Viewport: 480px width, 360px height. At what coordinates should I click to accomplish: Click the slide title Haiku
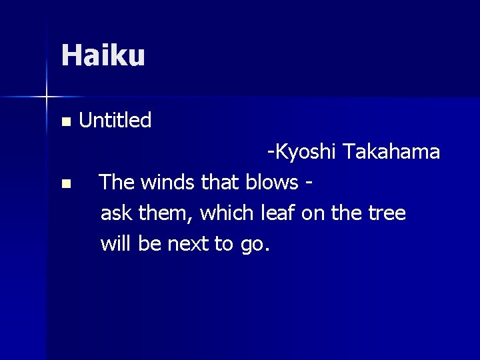point(103,55)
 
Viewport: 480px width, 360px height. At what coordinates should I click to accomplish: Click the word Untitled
point(115,121)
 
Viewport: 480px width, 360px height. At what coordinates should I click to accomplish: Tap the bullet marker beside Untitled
point(65,122)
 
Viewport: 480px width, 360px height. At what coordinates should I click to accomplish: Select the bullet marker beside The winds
point(65,183)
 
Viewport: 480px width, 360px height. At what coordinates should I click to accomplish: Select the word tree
point(387,213)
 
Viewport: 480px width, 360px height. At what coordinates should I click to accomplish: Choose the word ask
point(116,213)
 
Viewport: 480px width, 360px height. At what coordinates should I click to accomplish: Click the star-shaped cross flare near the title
point(47,97)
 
